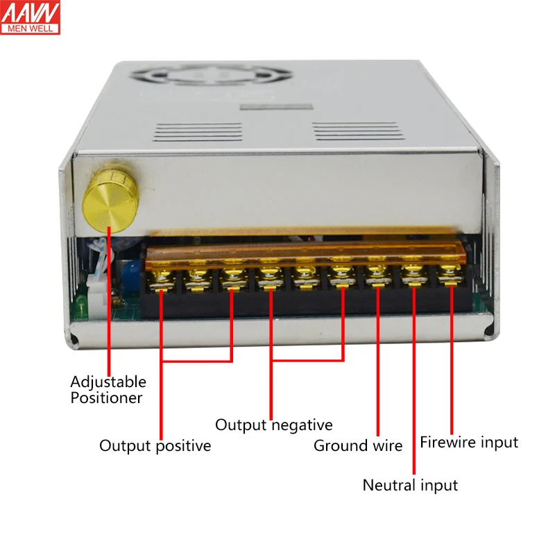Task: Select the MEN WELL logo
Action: point(31,18)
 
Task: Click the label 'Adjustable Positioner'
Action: point(108,389)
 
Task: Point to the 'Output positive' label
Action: point(155,445)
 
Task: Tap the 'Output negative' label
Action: point(273,425)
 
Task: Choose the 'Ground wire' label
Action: point(358,445)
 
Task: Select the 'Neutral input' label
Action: point(410,485)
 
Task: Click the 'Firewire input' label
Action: point(469,442)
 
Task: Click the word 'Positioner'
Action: point(106,398)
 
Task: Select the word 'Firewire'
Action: point(449,442)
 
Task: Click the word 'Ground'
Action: point(339,445)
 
